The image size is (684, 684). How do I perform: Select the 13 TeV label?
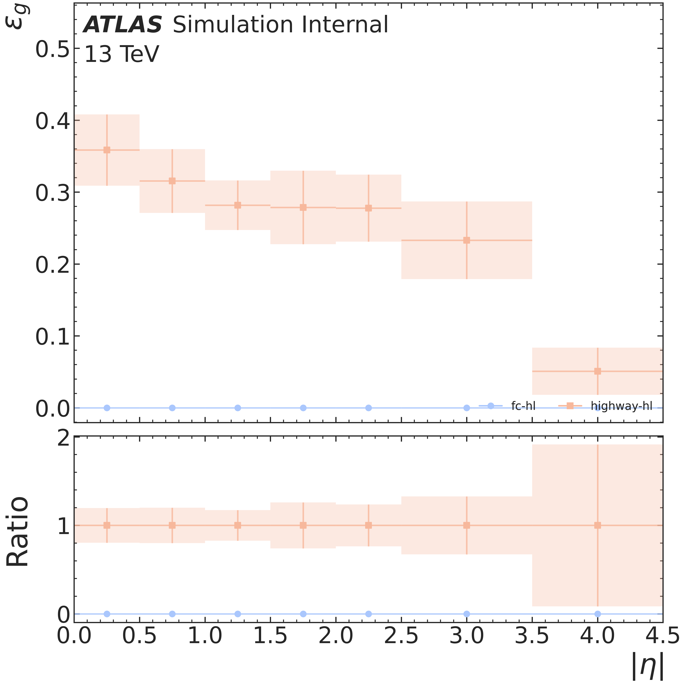click(x=122, y=55)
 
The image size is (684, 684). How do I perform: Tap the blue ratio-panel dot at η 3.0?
click(x=467, y=614)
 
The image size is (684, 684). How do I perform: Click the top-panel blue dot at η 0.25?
click(x=107, y=408)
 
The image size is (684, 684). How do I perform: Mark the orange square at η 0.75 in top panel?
click(x=172, y=181)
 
